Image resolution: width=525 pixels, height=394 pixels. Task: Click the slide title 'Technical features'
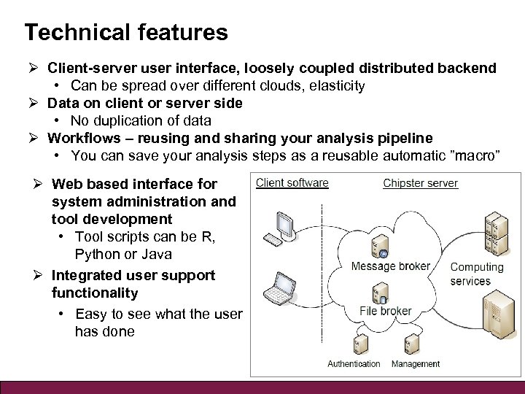click(x=125, y=32)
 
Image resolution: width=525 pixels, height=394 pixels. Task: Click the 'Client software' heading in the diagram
click(x=292, y=182)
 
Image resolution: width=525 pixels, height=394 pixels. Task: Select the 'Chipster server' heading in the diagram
click(x=420, y=182)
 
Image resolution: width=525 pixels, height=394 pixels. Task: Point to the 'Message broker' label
click(x=390, y=266)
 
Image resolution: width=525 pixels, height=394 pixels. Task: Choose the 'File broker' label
click(x=386, y=311)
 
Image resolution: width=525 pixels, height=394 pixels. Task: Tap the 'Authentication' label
click(x=354, y=363)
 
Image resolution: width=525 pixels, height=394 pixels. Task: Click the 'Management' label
click(x=416, y=363)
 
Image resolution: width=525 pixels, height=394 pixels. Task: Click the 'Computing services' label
click(x=477, y=274)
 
